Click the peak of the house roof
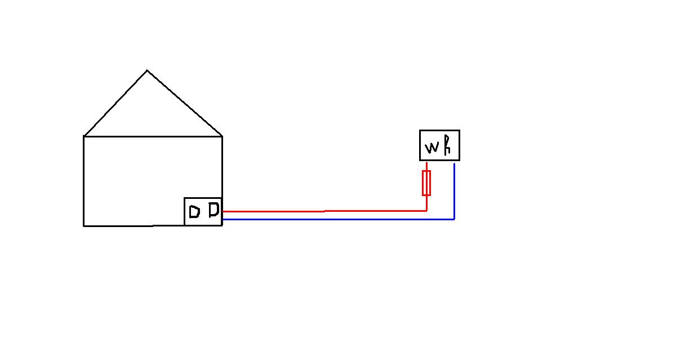[147, 70]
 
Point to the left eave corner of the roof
[84, 136]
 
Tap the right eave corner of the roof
[222, 136]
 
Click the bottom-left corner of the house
[84, 225]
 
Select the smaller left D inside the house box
[194, 212]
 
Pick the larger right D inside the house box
[213, 210]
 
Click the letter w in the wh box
[432, 148]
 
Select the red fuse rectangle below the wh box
[426, 183]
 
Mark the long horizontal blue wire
[338, 219]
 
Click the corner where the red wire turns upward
[426, 210]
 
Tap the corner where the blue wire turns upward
[454, 219]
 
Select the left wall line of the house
[84, 180]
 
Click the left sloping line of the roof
[115, 103]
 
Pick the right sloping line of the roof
[185, 103]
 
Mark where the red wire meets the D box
[223, 211]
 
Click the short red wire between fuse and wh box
[426, 166]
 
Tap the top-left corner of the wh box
[420, 131]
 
